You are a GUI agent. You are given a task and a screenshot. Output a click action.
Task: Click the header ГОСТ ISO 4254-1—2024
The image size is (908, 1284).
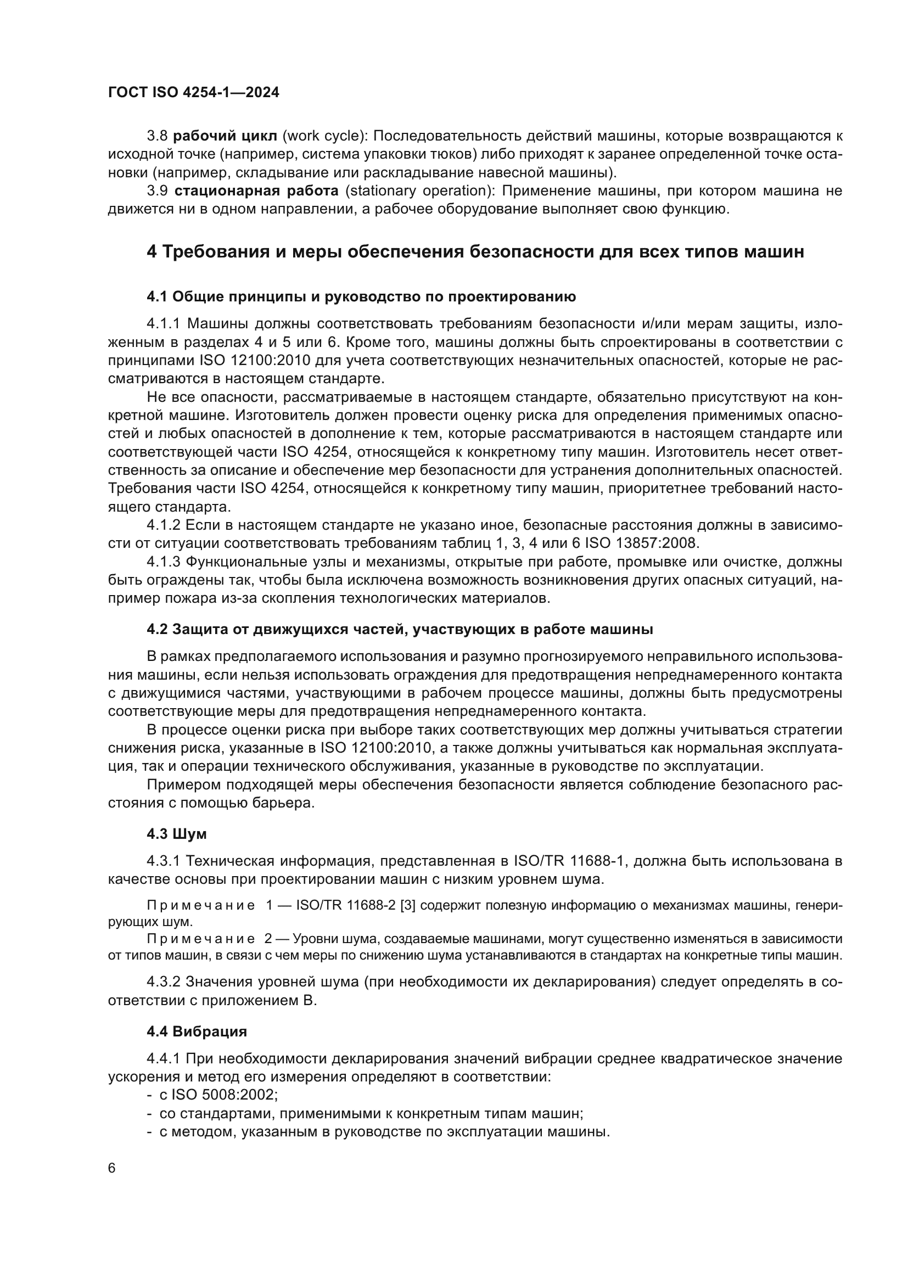tap(193, 93)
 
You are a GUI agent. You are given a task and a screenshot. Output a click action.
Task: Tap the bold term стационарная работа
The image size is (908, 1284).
tap(256, 191)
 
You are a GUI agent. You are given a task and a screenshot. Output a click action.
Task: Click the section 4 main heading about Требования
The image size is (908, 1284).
tap(475, 252)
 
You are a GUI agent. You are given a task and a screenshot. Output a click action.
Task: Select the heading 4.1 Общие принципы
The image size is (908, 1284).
tap(361, 297)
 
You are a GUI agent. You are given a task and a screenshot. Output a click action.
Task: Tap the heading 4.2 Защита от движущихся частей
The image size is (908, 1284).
tap(400, 630)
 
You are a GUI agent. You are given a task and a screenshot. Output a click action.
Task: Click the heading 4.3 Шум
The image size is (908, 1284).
tap(177, 834)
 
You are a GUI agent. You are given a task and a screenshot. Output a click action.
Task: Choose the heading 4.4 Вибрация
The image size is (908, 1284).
tap(197, 1032)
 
